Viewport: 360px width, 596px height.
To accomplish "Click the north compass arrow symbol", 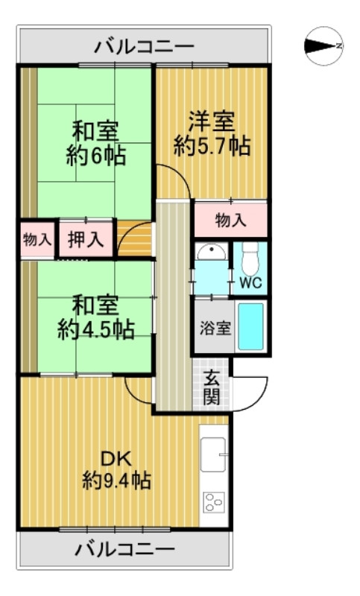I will pos(323,46).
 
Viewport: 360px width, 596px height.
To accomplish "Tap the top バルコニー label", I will pos(145,47).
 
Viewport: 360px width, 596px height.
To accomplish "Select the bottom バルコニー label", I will pos(125,551).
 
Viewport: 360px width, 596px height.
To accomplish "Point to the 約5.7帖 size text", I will pos(212,145).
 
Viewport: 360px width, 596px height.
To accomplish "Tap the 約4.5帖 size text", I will pos(96,329).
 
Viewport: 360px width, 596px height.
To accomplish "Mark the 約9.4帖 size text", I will pos(116,481).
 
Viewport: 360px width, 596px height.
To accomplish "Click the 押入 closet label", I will pos(86,240).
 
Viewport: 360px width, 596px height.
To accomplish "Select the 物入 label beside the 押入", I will pos(37,240).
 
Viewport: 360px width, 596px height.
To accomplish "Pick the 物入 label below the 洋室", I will pos(230,221).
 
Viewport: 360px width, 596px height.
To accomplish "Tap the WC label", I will pos(250,283).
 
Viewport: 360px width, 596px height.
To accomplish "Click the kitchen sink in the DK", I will pos(213,454).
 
